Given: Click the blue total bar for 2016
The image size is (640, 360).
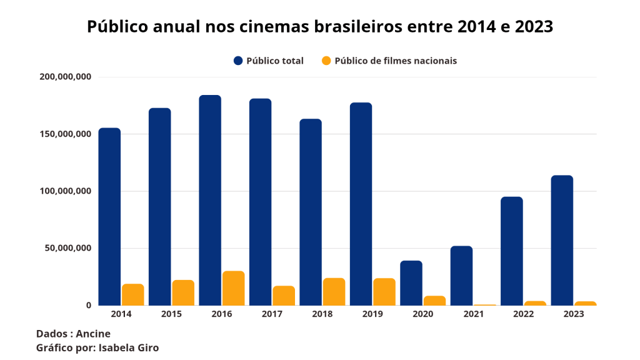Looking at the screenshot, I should pos(210,200).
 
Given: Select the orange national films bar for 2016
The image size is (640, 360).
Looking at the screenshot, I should pos(234,288).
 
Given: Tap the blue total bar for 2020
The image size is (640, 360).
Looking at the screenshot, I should pos(411,282).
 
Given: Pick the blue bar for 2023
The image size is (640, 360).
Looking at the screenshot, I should pos(562,240).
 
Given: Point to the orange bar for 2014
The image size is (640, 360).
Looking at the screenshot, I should pos(133,294).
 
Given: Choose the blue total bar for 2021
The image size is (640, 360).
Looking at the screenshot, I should pos(461,276).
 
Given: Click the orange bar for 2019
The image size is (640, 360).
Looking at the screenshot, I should pos(384,291).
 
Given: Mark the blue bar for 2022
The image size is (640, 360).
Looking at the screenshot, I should pos(512,251).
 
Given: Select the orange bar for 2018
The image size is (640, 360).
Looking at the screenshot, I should pos(334,291).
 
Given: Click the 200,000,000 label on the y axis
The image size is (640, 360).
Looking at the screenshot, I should pos(66,77).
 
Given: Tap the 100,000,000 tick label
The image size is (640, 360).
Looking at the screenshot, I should pos(66,191).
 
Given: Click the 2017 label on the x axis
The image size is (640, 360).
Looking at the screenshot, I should pos(272,314).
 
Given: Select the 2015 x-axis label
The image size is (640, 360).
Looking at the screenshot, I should pos(171,314).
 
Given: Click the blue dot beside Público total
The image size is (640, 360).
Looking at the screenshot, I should pos(238,61).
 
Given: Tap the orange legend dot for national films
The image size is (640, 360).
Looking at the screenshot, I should pos(326,61).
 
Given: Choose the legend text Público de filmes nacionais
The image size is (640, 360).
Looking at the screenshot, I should pos(396,61).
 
